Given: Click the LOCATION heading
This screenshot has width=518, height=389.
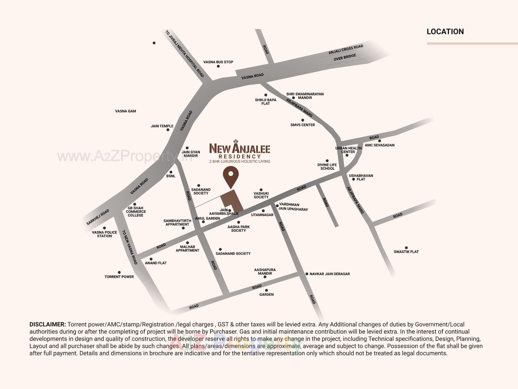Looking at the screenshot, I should point(445,32).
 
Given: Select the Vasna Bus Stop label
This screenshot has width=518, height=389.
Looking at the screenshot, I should point(218,62).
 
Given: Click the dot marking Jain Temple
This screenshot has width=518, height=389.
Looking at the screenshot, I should point(168,130).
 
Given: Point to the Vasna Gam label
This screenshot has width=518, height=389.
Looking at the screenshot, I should point(125,111).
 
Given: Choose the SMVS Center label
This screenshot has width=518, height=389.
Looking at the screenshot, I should point(302,125).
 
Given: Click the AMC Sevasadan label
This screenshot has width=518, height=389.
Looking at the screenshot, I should point(380,145).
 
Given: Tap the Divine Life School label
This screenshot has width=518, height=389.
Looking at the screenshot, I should point(327,167).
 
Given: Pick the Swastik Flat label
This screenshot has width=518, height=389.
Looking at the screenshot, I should point(406,252).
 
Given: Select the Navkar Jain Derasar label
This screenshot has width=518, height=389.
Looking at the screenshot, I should point(329,274).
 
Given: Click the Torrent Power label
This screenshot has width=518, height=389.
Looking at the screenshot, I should point(119,277).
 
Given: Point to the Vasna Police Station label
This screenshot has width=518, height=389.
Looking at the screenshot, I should point(104,234).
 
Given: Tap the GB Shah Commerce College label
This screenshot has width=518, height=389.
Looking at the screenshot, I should point(136,212).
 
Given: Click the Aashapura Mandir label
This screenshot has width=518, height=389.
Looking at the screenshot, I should point(265,271).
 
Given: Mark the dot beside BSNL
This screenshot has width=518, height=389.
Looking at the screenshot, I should point(171,172).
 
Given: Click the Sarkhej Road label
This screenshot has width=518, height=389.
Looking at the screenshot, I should point(98,217).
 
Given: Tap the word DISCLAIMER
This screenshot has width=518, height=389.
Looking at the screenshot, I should point(47,324).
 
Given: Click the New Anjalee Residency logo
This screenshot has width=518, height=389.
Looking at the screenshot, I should point(240,151).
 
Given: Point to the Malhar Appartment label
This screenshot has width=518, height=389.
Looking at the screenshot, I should point(187,248).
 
